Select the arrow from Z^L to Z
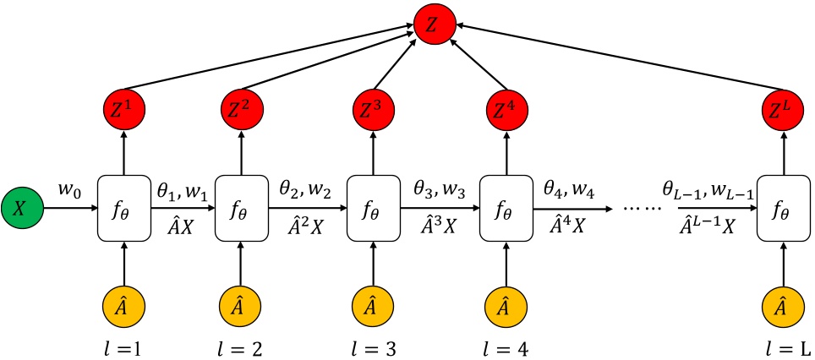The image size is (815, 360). point(617,61)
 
